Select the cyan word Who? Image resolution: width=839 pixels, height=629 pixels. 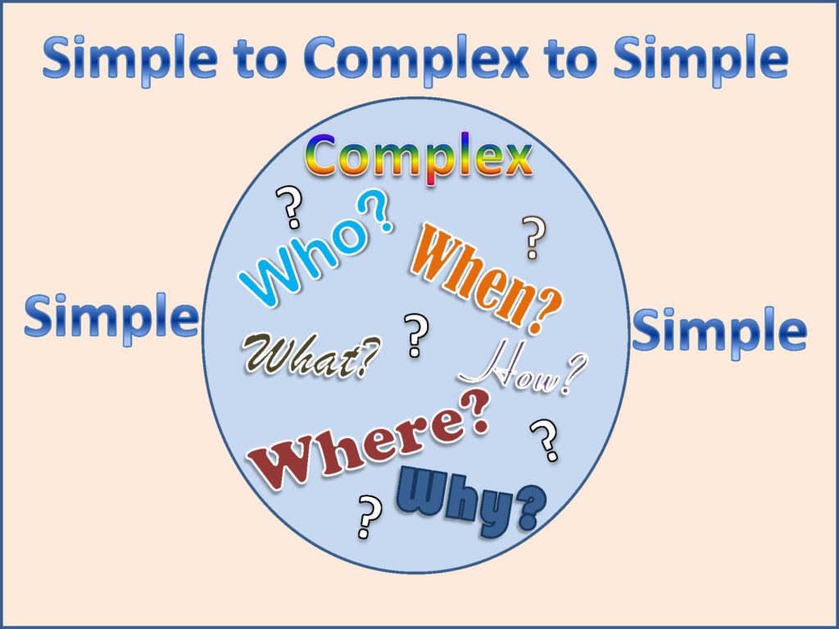315,254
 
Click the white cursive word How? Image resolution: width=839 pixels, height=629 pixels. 524,372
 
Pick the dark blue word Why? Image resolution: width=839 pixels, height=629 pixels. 471,500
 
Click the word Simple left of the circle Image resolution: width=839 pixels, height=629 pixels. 111,318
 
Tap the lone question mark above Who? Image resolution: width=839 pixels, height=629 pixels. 289,207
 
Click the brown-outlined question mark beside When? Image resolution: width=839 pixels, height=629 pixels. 533,238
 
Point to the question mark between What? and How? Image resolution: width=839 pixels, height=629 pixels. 417,335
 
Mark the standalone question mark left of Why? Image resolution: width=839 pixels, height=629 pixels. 370,516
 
